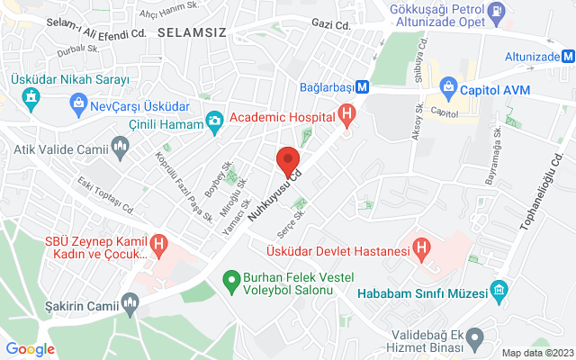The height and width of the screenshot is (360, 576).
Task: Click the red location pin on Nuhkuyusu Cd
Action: [x=288, y=160]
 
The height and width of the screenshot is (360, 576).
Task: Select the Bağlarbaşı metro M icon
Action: [x=361, y=87]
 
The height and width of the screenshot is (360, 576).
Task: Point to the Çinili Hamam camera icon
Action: [x=214, y=121]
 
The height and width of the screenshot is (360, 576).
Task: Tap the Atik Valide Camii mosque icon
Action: [x=121, y=145]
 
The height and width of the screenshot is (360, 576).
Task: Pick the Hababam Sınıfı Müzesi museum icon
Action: [x=499, y=291]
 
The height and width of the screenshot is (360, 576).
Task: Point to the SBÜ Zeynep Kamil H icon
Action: [x=159, y=242]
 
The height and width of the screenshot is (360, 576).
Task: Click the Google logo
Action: [x=30, y=349]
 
